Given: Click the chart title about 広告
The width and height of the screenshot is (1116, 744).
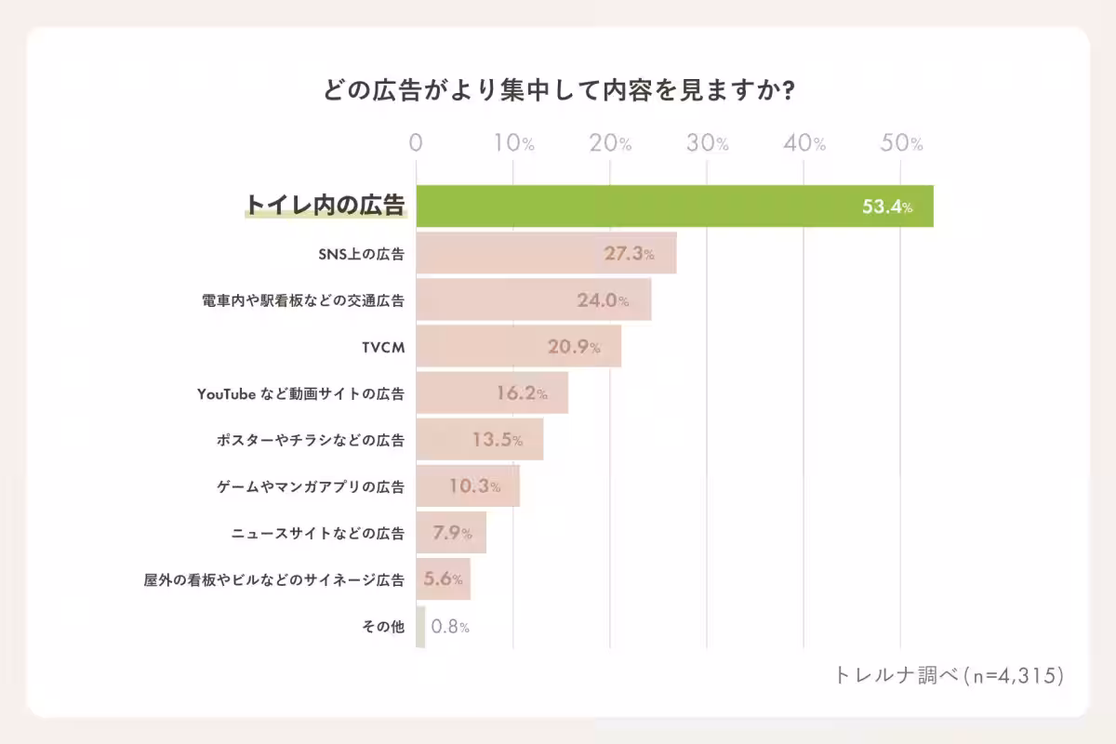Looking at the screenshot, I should [557, 92].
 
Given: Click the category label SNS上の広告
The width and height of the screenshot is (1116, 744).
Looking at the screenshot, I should [362, 254].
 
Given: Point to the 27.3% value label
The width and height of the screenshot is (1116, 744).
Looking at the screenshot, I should [629, 254].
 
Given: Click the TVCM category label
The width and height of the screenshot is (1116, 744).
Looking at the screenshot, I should [383, 347].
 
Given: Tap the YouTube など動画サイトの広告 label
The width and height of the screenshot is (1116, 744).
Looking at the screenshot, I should [300, 393].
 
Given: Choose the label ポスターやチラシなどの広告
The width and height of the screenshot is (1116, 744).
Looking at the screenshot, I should [310, 440].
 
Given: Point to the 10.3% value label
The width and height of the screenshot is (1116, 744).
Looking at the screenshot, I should [474, 486].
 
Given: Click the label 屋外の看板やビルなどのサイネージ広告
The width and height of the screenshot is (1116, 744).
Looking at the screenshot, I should [274, 579].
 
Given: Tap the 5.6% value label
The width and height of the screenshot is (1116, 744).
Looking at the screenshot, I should [443, 578].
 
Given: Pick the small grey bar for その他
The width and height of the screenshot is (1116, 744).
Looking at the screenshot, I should [420, 626].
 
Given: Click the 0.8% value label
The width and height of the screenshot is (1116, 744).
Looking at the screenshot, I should [450, 627].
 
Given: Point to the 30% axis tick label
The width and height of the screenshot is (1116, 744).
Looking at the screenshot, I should [708, 143].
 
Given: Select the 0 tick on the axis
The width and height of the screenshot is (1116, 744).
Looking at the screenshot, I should [416, 143].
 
